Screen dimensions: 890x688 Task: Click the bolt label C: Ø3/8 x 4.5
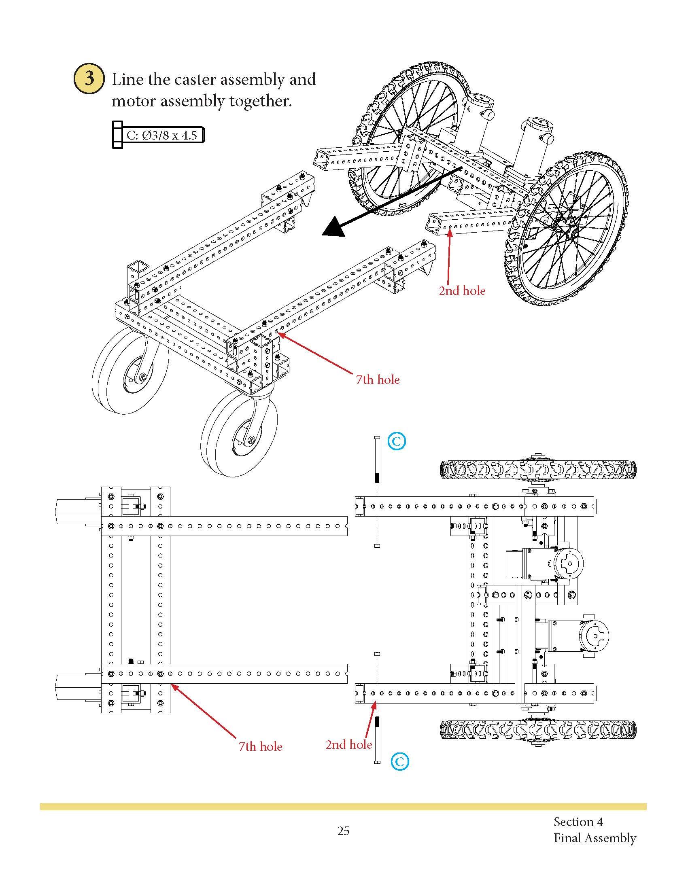pyautogui.click(x=161, y=135)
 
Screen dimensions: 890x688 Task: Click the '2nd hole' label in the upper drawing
pyautogui.click(x=462, y=291)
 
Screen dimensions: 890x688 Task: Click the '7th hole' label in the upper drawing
pyautogui.click(x=378, y=380)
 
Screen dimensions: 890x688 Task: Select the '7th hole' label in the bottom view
pyautogui.click(x=260, y=746)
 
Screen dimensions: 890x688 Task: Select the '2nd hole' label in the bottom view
pyautogui.click(x=348, y=744)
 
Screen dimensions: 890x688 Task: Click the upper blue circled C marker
pyautogui.click(x=397, y=441)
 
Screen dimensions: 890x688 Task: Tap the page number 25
pyautogui.click(x=343, y=831)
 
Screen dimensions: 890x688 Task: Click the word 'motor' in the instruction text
pyautogui.click(x=133, y=101)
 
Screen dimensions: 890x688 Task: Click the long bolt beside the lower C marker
pyautogui.click(x=377, y=742)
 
